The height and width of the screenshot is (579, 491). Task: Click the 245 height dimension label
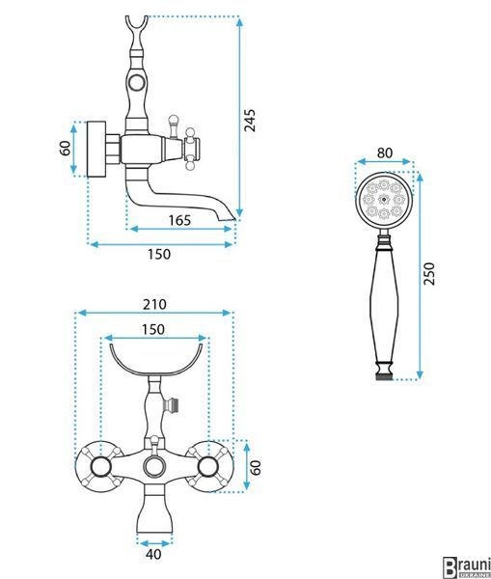pos(250,121)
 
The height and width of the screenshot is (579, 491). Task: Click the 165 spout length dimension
pos(179,220)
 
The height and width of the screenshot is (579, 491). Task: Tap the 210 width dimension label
pos(154,304)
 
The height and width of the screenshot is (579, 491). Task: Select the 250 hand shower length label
pos(429,274)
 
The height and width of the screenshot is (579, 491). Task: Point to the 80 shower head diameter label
pos(385,152)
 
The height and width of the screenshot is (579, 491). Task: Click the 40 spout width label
pos(153,554)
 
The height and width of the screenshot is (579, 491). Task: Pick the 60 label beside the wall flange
pos(66,149)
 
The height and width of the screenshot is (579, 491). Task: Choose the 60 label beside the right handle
pos(256,467)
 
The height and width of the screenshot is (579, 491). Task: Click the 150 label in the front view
pos(153,329)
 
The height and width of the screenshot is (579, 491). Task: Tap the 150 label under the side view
pos(159,255)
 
